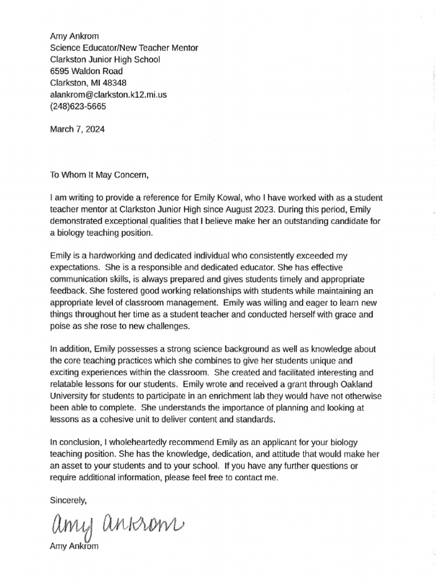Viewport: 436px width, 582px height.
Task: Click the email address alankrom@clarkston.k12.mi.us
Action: (108, 95)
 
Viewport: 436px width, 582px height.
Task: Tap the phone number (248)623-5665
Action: (78, 106)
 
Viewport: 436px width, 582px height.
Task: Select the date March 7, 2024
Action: (77, 129)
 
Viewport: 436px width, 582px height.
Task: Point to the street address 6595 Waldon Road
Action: (86, 72)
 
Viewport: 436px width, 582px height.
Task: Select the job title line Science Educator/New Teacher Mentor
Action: (124, 48)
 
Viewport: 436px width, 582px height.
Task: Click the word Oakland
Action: (364, 384)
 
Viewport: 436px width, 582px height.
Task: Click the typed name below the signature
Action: (74, 547)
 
